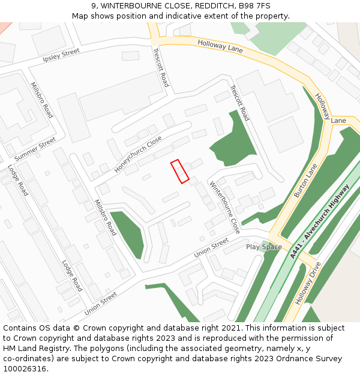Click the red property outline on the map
(x=179, y=171)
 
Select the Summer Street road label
(x=35, y=149)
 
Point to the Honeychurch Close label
(x=138, y=155)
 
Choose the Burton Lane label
(x=305, y=181)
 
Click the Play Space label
(x=264, y=247)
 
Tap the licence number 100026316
(x=25, y=368)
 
